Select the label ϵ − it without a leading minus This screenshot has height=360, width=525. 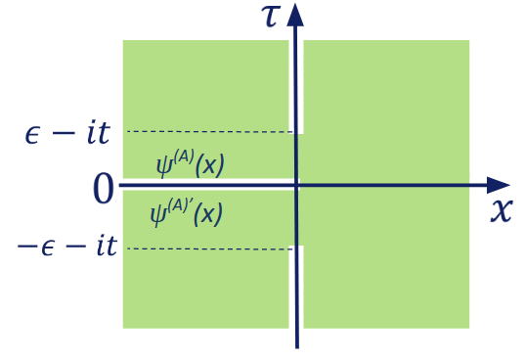(x=67, y=132)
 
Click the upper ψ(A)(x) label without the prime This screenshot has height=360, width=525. (x=190, y=163)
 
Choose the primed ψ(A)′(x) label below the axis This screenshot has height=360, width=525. (x=186, y=212)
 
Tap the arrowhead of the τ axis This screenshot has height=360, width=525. (x=296, y=13)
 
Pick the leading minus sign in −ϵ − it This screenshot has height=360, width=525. (x=24, y=247)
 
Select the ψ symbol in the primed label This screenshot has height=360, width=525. (x=157, y=214)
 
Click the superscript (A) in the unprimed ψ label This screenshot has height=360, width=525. (x=181, y=156)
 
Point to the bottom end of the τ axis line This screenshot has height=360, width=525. (x=296, y=346)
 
